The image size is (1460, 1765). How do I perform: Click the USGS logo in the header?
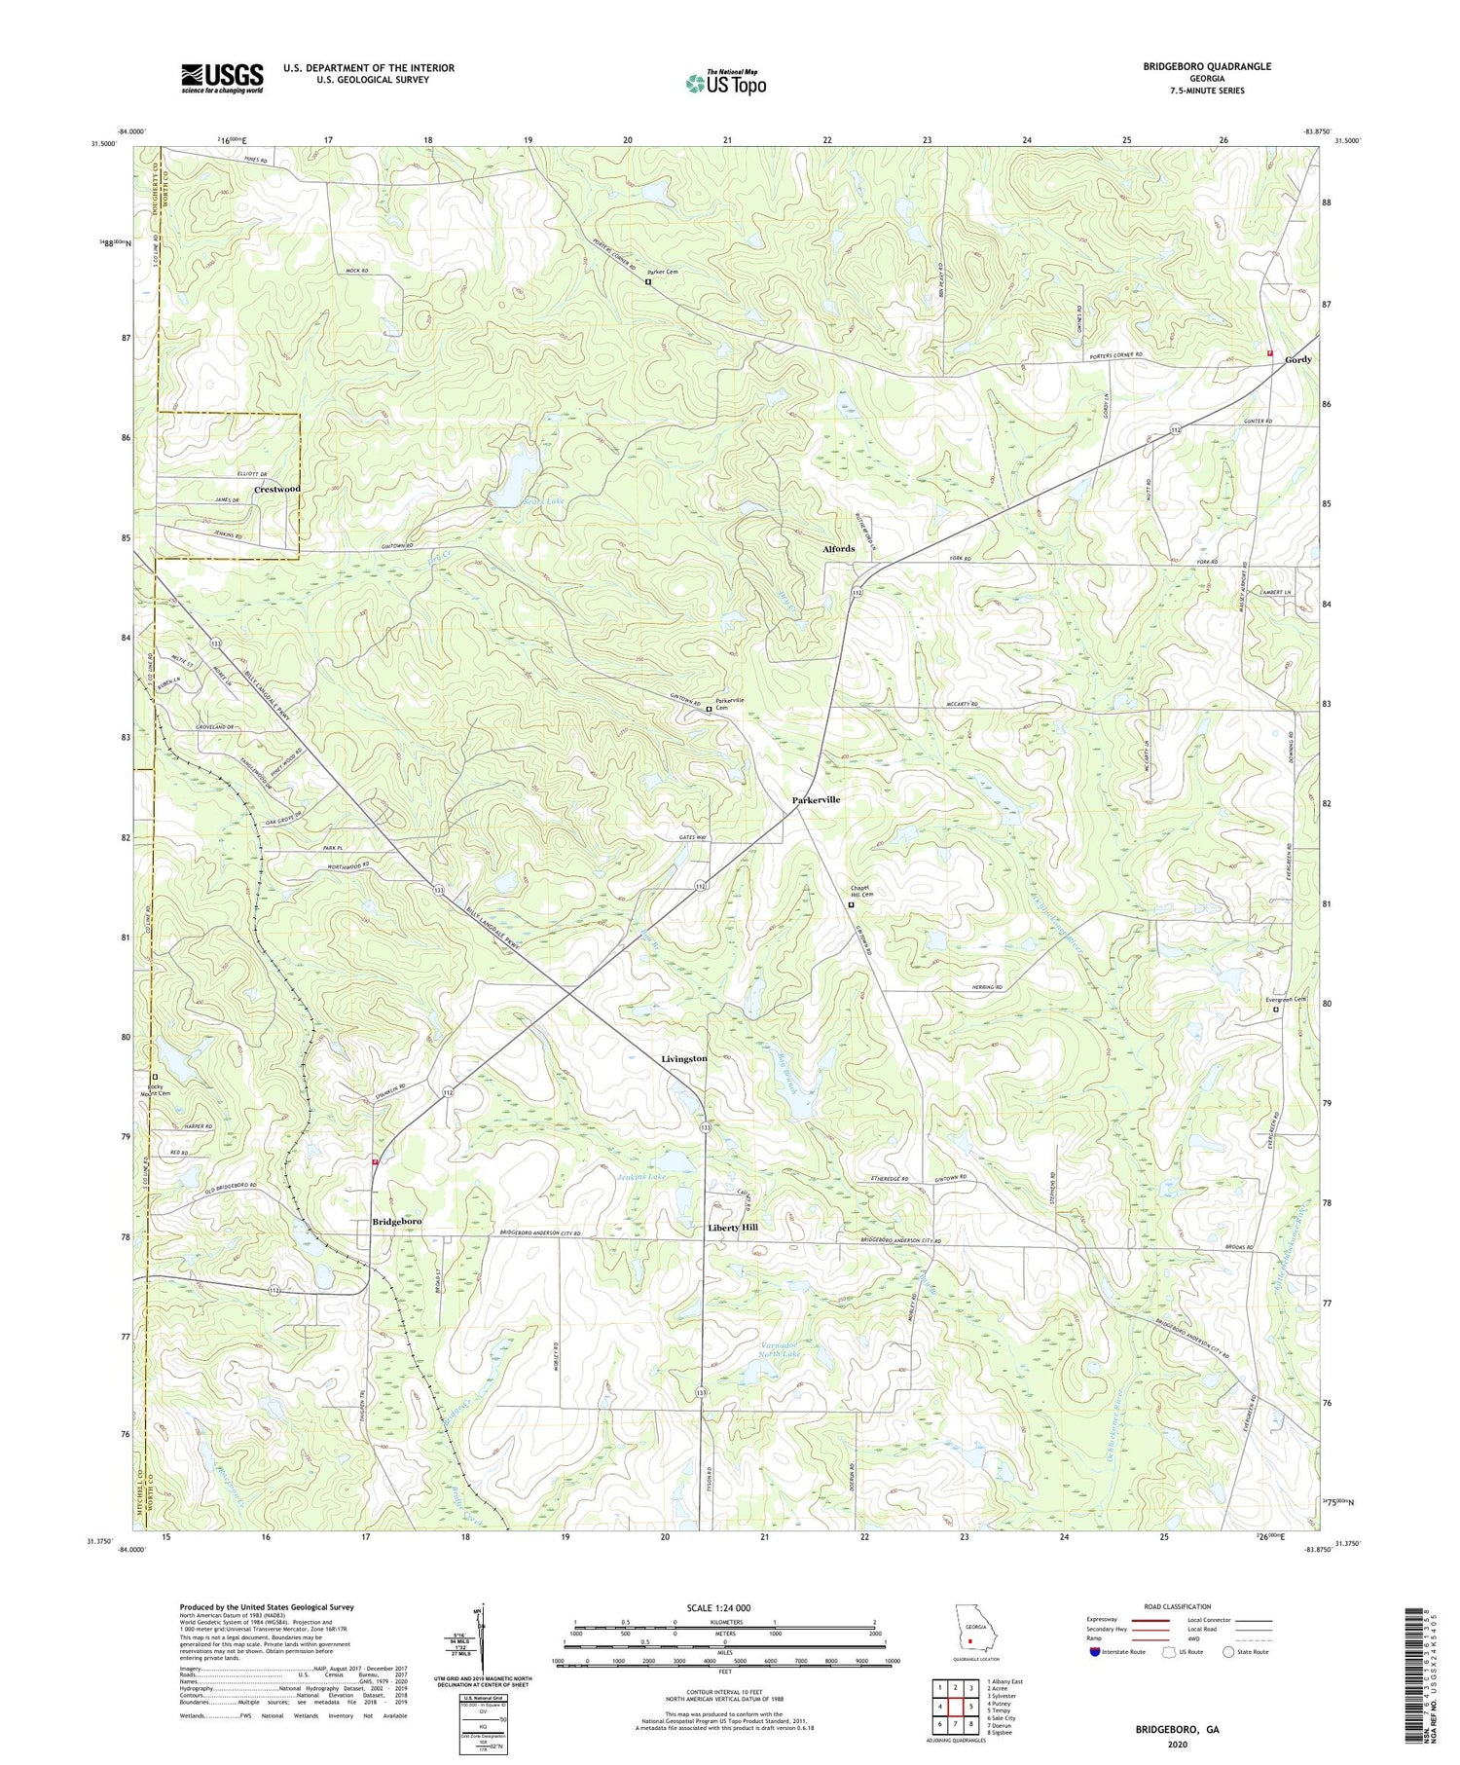(x=222, y=78)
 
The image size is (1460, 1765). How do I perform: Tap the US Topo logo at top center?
(x=725, y=84)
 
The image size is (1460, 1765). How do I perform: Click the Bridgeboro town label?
(x=396, y=1222)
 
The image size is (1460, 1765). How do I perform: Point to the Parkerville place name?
(x=815, y=799)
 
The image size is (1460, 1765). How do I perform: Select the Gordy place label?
(x=1297, y=360)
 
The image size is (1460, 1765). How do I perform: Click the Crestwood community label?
(x=277, y=489)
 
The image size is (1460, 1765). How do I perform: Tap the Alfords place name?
(x=838, y=549)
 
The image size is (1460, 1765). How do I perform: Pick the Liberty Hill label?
(x=732, y=1229)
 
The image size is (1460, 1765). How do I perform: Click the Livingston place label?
(x=684, y=1058)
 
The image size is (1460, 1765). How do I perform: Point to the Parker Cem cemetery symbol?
(x=648, y=282)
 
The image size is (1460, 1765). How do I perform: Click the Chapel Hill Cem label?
(x=858, y=892)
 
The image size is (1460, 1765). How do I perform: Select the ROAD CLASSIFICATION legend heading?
(x=1178, y=1606)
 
